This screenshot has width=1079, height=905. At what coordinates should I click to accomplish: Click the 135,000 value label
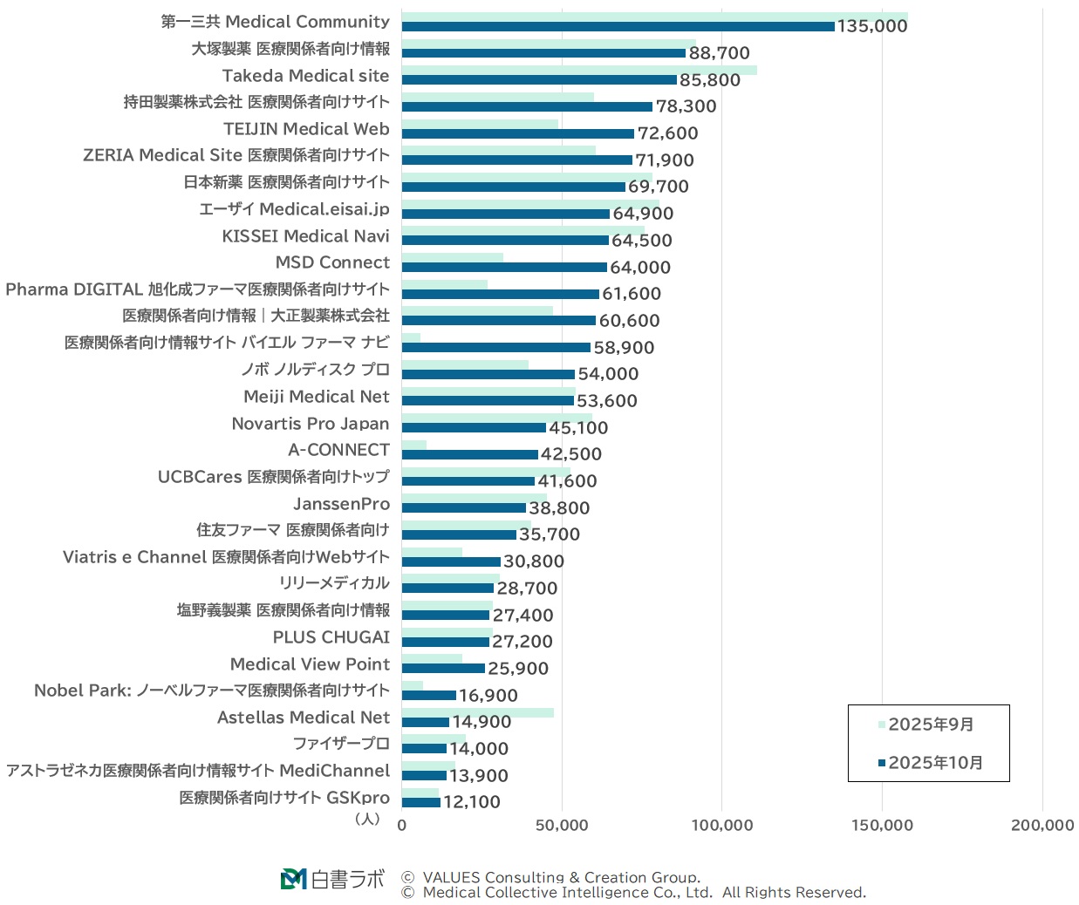click(x=871, y=26)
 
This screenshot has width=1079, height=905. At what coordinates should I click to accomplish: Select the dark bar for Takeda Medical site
click(x=538, y=80)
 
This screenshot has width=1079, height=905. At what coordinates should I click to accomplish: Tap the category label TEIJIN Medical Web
click(x=306, y=129)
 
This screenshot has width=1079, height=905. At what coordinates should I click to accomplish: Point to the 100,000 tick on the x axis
click(x=721, y=825)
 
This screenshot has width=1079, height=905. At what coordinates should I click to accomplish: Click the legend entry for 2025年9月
click(x=930, y=725)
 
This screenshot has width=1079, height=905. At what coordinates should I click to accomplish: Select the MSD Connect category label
click(x=332, y=262)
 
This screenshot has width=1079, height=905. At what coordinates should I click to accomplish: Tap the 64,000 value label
click(x=639, y=268)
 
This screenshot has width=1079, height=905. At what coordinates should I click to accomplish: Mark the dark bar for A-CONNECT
click(x=469, y=454)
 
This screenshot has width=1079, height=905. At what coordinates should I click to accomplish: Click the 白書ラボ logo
click(x=332, y=879)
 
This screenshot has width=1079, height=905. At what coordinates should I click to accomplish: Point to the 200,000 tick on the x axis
click(x=1041, y=825)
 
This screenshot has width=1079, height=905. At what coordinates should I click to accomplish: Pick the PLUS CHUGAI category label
click(x=331, y=637)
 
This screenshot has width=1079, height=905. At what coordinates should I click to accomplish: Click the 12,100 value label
click(x=471, y=802)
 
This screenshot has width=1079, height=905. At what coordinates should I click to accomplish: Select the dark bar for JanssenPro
click(x=463, y=508)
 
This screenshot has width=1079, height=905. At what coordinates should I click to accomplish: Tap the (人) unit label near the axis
click(x=367, y=819)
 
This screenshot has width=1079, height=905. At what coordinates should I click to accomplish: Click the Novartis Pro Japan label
click(x=310, y=424)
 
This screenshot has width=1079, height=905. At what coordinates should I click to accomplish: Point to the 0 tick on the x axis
click(x=402, y=825)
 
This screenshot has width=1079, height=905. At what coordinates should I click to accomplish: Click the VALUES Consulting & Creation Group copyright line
click(x=560, y=877)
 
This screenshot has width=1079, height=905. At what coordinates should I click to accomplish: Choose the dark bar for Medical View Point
click(x=443, y=669)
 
